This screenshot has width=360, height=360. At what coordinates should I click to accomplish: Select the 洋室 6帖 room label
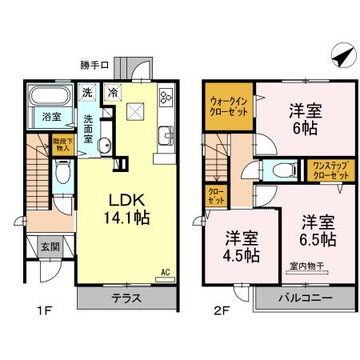coord(304,118)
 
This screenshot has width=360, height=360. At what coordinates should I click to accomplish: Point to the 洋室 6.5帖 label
coord(318,230)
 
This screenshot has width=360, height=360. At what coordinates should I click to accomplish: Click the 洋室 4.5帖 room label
coord(241,246)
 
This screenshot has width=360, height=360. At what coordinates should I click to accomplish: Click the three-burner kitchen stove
coord(166,98)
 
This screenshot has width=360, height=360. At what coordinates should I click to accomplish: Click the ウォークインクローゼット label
coord(228,106)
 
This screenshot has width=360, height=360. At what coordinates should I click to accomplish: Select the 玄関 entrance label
coord(50,247)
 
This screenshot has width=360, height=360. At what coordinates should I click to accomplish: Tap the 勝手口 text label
coord(95,64)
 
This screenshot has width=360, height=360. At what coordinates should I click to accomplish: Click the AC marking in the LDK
coord(166,272)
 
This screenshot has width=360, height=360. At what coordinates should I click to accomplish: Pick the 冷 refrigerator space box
coord(114,90)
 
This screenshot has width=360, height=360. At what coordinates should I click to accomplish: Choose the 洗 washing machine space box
coord(88,90)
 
